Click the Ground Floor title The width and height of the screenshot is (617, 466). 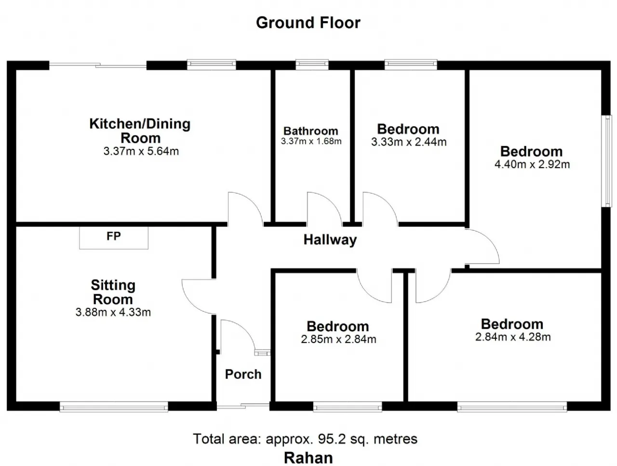coord(308,23)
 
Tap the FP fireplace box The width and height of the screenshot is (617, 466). coord(114,238)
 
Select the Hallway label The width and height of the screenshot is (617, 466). coord(330,240)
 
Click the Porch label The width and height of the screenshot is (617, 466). coord(243,374)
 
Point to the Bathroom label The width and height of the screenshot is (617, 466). coord(310,131)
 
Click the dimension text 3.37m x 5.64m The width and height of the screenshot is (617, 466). coord(141,151)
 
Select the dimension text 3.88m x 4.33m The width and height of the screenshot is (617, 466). coord(113,312)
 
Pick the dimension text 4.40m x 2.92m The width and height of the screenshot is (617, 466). coord(532,164)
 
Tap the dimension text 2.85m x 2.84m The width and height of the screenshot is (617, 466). coord(338,339)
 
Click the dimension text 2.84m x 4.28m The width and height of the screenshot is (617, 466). coord(513,337)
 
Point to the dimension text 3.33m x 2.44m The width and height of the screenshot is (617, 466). coord(409,142)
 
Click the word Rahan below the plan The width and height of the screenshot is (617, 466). coord(308,458)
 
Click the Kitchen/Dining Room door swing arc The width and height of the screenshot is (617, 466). coord(254,203)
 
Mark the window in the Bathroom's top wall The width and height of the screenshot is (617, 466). coord(312,65)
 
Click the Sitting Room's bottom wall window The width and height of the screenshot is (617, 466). coord(114,407)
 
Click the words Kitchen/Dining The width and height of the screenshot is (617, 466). coord(140,124)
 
